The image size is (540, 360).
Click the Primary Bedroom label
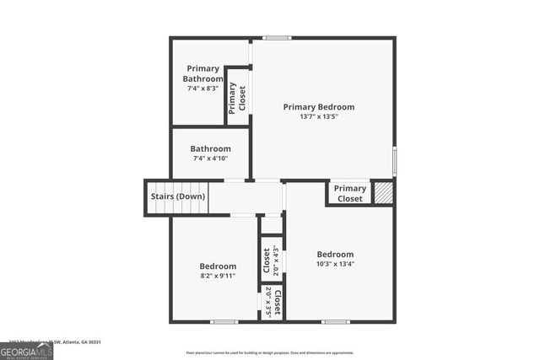pyautogui.click(x=318, y=107)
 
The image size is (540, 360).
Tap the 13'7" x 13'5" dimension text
pyautogui.click(x=318, y=117)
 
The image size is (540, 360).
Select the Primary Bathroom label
pyautogui.click(x=202, y=73)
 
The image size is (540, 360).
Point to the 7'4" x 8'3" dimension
pyautogui.click(x=202, y=88)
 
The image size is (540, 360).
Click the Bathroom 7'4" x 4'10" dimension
pyautogui.click(x=210, y=159)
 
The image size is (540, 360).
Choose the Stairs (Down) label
pyautogui.click(x=177, y=196)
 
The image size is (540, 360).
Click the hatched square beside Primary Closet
pyautogui.click(x=384, y=191)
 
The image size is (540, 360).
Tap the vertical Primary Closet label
pyautogui.click(x=237, y=98)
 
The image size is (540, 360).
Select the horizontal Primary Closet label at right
pyautogui.click(x=350, y=193)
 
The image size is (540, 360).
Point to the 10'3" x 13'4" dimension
pyautogui.click(x=335, y=264)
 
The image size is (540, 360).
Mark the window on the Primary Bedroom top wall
pyautogui.click(x=276, y=38)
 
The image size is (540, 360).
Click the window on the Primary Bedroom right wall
pyautogui.click(x=394, y=160)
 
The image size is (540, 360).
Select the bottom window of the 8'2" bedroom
pyautogui.click(x=224, y=321)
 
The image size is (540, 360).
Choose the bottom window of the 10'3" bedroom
pyautogui.click(x=335, y=321)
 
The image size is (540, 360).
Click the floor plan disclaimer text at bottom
pyautogui.click(x=269, y=353)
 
